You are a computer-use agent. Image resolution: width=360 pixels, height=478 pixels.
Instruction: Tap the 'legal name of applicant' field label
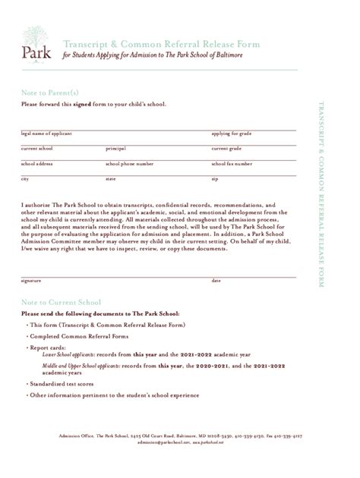(46, 133)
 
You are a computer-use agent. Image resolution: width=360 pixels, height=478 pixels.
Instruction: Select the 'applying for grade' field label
(231, 133)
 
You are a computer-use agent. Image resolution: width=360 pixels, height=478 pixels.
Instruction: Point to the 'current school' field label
(36, 148)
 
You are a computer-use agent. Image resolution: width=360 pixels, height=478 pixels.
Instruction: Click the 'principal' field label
(115, 148)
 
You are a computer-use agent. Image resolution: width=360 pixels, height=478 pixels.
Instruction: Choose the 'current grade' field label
(226, 148)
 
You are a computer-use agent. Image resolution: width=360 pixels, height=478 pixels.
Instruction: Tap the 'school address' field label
(36, 163)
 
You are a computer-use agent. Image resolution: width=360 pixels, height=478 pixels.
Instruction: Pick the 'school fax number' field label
(231, 163)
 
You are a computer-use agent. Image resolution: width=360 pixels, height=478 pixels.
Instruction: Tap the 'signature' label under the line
(31, 281)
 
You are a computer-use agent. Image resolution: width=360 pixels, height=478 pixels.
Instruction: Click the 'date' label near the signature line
(216, 281)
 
